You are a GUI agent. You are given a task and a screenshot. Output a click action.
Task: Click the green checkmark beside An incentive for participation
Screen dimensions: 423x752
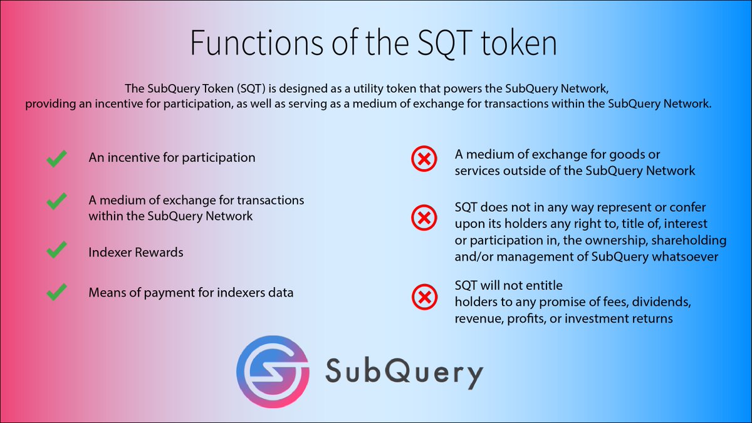click(57, 160)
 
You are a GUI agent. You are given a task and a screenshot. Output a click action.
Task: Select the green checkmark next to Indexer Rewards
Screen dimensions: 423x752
click(57, 251)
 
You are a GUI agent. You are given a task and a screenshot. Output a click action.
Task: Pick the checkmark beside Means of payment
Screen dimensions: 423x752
click(57, 291)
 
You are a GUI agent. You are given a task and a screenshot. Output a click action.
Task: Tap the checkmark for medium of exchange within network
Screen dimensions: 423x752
click(57, 202)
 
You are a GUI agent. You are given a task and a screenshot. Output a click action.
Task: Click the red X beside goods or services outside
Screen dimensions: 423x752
click(424, 161)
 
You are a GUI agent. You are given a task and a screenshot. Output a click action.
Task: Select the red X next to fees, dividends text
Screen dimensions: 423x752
click(424, 298)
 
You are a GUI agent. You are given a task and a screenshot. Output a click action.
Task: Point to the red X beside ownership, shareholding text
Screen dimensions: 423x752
click(424, 218)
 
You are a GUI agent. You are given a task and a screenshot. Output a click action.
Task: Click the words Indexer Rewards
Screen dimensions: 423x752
click(136, 253)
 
